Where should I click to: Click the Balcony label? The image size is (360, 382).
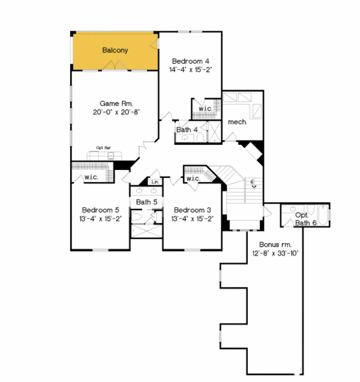[114, 50]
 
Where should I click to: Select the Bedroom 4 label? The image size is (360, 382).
[191, 61]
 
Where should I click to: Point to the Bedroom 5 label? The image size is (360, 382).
[101, 210]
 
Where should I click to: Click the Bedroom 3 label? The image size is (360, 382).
[192, 210]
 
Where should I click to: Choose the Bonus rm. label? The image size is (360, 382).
[275, 245]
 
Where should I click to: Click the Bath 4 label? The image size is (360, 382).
[187, 130]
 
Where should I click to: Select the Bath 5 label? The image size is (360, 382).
[146, 202]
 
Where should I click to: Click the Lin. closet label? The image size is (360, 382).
[154, 181]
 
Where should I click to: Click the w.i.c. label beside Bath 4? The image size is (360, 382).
[205, 109]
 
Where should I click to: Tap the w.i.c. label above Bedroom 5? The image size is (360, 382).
[91, 177]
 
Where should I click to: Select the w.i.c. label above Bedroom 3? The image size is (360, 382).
[193, 178]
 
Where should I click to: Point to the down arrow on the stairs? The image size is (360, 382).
[253, 186]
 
